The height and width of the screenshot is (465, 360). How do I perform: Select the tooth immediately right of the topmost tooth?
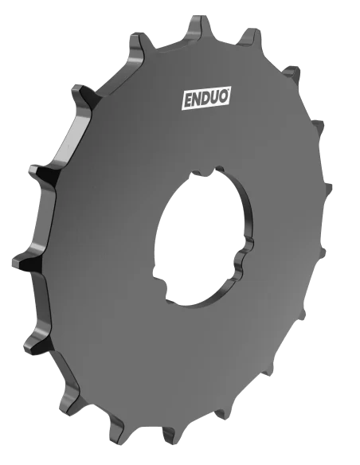(249, 36)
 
